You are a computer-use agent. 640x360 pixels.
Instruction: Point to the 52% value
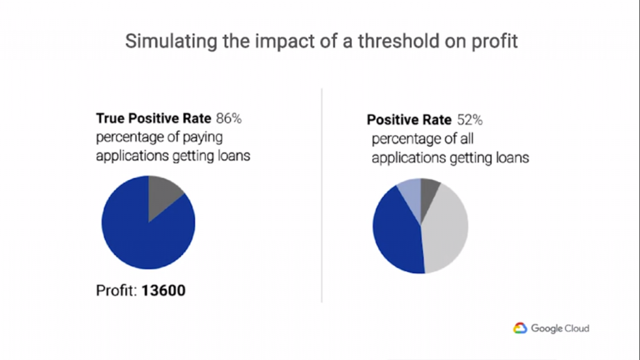click(x=470, y=119)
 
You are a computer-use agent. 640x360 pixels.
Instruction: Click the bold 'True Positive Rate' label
click(x=154, y=117)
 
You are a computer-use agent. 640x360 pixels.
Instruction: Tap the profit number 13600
click(x=164, y=291)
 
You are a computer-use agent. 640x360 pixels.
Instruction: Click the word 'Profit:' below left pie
click(x=117, y=291)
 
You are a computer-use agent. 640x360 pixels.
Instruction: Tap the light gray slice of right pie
click(x=447, y=228)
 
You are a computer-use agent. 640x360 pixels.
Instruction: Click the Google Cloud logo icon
click(x=521, y=328)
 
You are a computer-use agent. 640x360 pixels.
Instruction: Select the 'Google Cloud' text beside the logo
click(x=560, y=328)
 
